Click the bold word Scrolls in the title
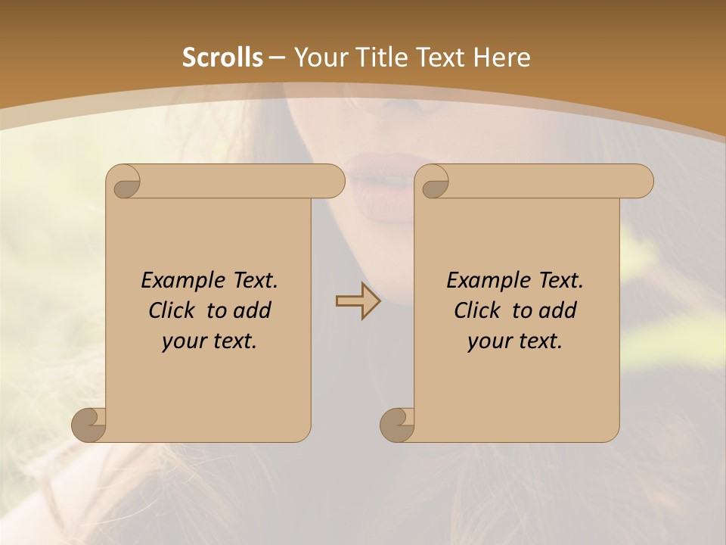click(223, 58)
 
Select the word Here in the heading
click(501, 58)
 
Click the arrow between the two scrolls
click(358, 301)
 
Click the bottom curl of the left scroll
click(88, 425)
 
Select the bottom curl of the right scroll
click(396, 425)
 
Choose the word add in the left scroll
click(253, 311)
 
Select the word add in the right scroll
click(558, 311)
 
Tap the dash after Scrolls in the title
click(277, 58)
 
